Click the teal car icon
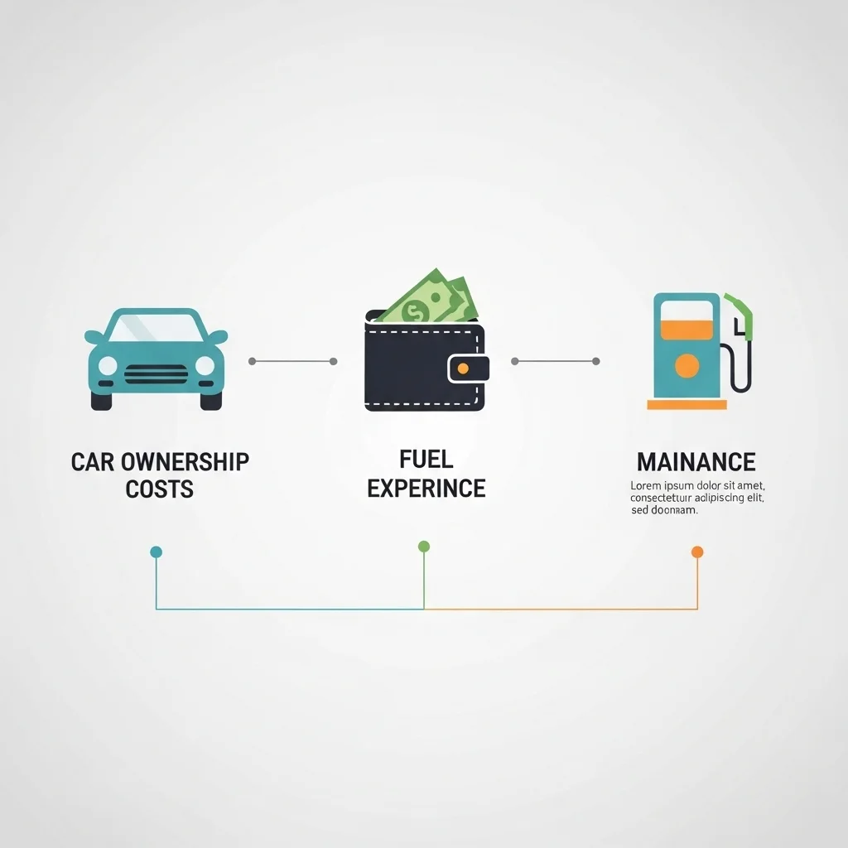tap(156, 359)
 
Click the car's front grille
tap(156, 374)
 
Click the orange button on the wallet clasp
tap(463, 368)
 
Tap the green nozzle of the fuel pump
tap(742, 311)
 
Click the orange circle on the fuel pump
tap(687, 365)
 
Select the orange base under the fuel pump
tap(687, 405)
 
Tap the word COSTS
tap(160, 489)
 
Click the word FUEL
tap(426, 459)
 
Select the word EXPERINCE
tap(426, 488)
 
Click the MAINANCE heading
tap(696, 461)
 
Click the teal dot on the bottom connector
tap(156, 552)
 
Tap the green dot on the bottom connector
tap(424, 547)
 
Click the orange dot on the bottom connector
tap(697, 552)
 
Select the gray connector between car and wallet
tap(292, 361)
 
